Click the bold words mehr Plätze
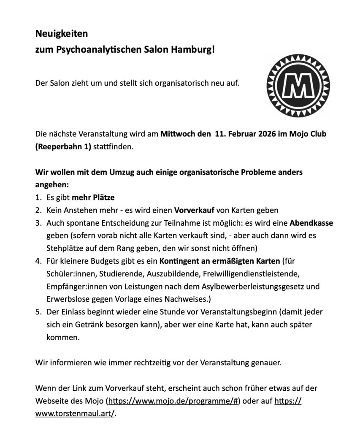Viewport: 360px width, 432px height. click(x=92, y=197)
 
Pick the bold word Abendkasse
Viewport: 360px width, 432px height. click(x=311, y=223)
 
